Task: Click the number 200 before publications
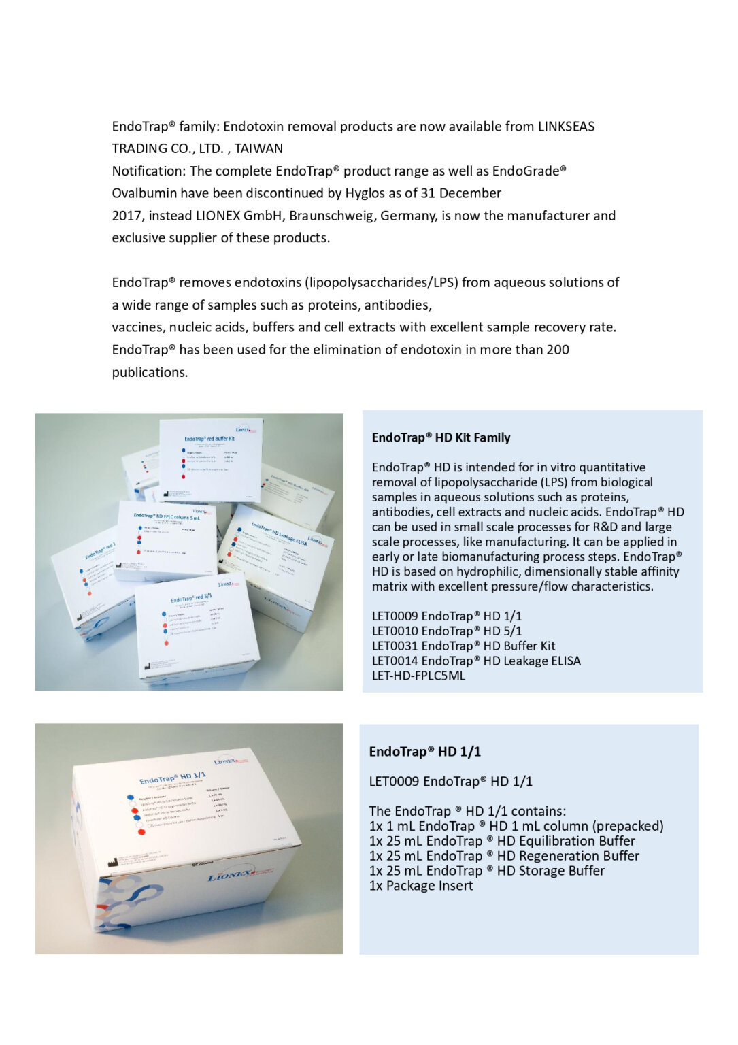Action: point(557,350)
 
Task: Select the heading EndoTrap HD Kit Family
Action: point(441,438)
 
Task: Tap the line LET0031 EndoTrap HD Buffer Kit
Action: point(463,646)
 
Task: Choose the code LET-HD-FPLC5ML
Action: point(418,676)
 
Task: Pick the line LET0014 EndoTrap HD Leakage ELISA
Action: point(476,661)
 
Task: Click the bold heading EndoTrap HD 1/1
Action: point(424,752)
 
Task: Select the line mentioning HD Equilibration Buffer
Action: point(502,842)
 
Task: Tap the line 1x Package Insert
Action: point(421,886)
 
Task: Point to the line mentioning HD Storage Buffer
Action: point(486,872)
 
